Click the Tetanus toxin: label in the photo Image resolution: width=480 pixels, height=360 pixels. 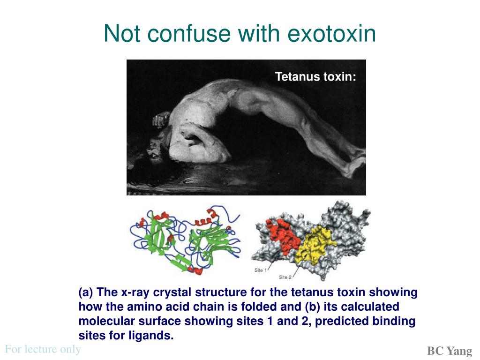(x=315, y=76)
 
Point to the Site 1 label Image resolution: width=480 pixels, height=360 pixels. (x=261, y=270)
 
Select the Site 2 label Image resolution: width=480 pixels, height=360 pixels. (x=285, y=277)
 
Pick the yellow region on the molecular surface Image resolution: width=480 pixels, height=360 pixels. (x=315, y=245)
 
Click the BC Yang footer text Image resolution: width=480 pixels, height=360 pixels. (x=450, y=351)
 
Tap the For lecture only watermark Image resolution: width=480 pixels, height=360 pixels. (x=43, y=349)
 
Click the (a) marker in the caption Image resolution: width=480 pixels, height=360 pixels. (x=86, y=292)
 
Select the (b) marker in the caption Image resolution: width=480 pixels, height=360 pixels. (x=313, y=307)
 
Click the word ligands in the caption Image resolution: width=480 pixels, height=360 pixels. (x=151, y=336)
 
